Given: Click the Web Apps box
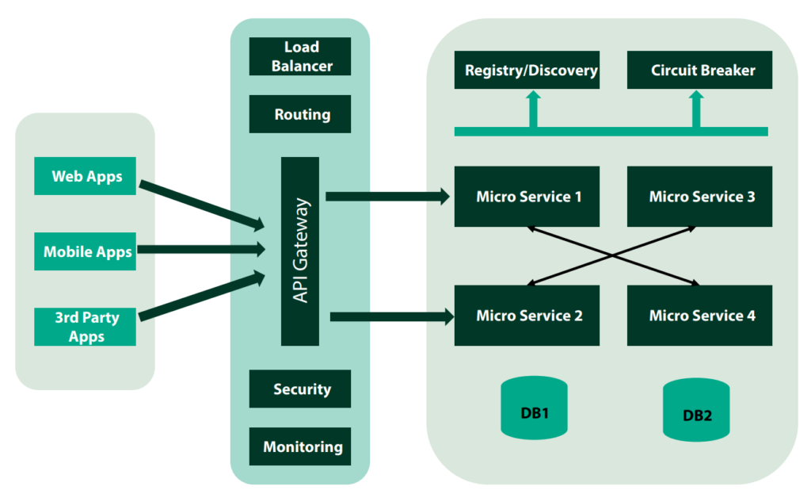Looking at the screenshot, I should (x=86, y=176).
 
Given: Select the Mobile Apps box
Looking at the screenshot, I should (x=86, y=252).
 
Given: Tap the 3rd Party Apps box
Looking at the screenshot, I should (x=86, y=327).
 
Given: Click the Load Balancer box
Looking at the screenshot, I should (x=300, y=56).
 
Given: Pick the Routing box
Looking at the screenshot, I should (x=300, y=114).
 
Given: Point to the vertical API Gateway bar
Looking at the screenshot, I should (x=300, y=251).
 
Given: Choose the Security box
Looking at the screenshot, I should (x=300, y=389).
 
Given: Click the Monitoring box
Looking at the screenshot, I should (x=300, y=446).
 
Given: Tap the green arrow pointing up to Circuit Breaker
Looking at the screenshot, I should (x=696, y=109).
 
